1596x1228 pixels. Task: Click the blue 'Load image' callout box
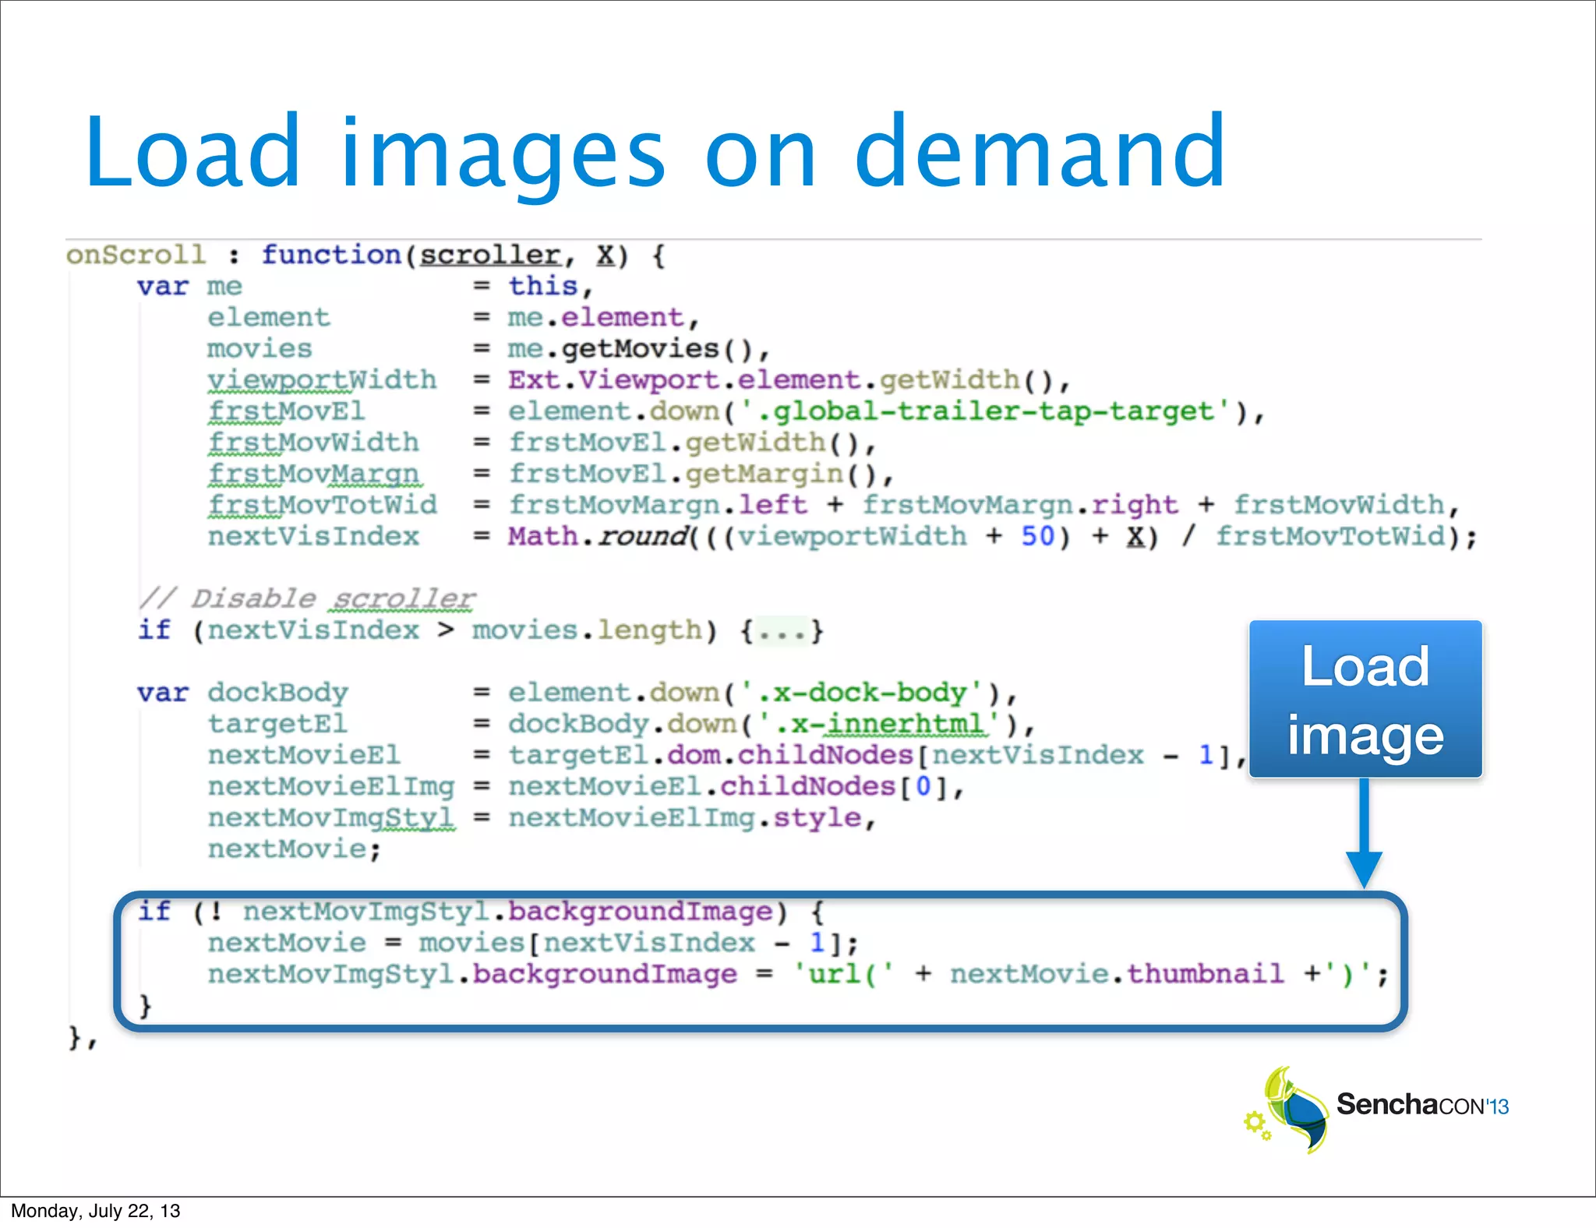point(1365,699)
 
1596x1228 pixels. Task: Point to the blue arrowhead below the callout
point(1364,868)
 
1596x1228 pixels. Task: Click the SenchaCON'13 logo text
point(1422,1105)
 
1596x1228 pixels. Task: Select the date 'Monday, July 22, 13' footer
point(95,1211)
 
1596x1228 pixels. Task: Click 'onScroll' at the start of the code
point(136,255)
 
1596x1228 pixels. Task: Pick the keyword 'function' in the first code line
point(331,255)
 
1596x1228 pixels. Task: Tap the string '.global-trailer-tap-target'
point(985,411)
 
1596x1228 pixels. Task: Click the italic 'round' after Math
point(643,536)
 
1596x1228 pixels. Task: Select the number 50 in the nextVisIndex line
point(1037,536)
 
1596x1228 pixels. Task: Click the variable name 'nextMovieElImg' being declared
point(330,786)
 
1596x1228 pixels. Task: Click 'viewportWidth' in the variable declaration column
point(322,379)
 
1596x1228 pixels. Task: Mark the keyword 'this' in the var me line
point(542,286)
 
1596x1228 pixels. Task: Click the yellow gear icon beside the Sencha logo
point(1255,1122)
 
